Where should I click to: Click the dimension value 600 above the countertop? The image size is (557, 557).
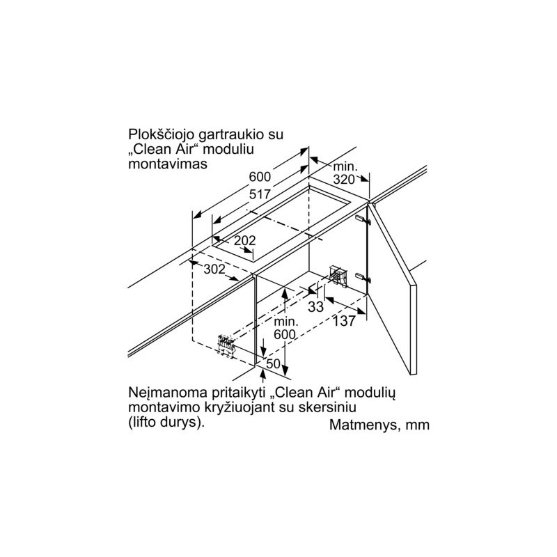(x=260, y=177)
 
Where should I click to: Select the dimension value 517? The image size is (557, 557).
(x=260, y=194)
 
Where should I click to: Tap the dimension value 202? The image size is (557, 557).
(x=245, y=241)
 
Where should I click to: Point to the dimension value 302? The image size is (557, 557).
(x=214, y=269)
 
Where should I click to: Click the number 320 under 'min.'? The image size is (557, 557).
(x=344, y=180)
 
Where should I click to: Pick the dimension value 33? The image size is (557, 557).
(x=316, y=306)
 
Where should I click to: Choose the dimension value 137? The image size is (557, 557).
(x=344, y=321)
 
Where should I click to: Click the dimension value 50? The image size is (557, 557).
(x=274, y=363)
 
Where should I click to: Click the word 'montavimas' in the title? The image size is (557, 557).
(x=168, y=164)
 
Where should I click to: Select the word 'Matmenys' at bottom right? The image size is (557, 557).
(x=361, y=425)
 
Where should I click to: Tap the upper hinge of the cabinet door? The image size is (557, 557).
(x=363, y=220)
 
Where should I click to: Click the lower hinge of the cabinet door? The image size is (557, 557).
(x=363, y=277)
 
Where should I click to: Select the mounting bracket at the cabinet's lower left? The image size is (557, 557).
(x=226, y=345)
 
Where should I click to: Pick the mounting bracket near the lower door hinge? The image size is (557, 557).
(x=338, y=275)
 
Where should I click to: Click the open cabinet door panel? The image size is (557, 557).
(x=392, y=288)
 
